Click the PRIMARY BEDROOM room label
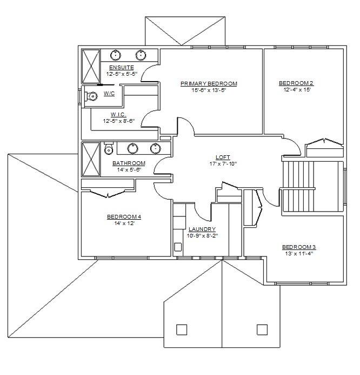pos(209,84)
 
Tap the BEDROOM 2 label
pos(296,83)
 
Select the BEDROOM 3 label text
pos(299,247)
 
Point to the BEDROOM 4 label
pos(124,217)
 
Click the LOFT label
pos(223,157)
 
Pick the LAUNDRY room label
pos(202,229)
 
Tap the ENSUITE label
pos(122,68)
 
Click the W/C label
pos(109,93)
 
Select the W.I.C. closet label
pos(118,115)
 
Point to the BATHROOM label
pos(129,163)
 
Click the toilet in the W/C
pos(91,96)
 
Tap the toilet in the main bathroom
pos(109,148)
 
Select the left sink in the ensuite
pos(116,55)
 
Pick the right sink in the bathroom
pos(156,148)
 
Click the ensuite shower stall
pos(91,67)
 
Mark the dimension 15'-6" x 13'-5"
pos(209,90)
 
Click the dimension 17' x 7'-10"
pos(223,164)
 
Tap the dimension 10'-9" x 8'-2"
pos(202,236)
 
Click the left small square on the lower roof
pos(182,330)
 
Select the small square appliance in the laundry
pos(178,247)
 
